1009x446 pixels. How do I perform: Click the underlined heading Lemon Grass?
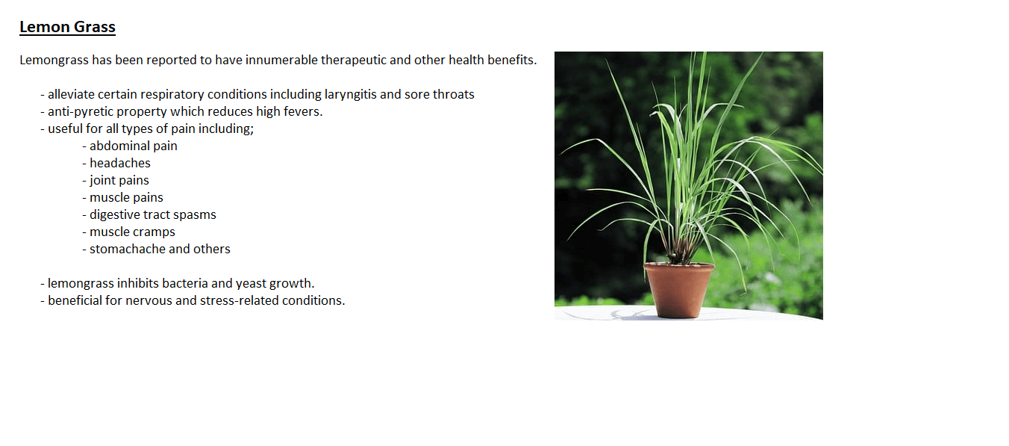pyautogui.click(x=68, y=27)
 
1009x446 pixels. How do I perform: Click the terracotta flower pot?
pyautogui.click(x=679, y=290)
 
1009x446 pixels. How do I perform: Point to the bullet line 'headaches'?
pyautogui.click(x=116, y=163)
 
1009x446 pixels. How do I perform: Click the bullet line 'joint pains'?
pyautogui.click(x=116, y=180)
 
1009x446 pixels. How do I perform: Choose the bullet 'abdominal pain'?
pyautogui.click(x=130, y=146)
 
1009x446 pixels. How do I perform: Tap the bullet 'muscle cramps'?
pyautogui.click(x=128, y=232)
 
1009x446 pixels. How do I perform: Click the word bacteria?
pyautogui.click(x=184, y=283)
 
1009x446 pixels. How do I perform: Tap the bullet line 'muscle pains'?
pyautogui.click(x=122, y=197)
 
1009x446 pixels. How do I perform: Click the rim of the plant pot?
pyautogui.click(x=679, y=267)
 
